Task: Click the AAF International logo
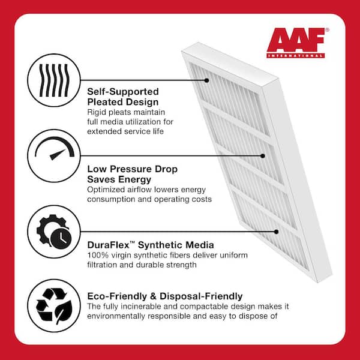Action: (x=298, y=43)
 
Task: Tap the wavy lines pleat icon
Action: (x=54, y=80)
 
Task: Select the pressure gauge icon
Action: (x=55, y=148)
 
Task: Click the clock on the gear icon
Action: (x=61, y=239)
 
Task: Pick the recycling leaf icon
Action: (x=54, y=305)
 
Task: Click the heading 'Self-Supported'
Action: (x=123, y=92)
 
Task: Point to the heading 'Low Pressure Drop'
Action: (x=132, y=169)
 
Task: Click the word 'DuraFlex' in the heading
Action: (x=109, y=245)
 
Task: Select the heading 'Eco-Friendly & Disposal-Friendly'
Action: (x=165, y=296)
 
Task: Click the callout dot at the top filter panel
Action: (x=206, y=80)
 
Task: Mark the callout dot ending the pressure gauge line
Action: (x=263, y=156)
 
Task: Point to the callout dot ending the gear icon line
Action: (x=277, y=232)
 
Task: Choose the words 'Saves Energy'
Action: (x=119, y=179)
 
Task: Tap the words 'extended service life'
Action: (x=125, y=131)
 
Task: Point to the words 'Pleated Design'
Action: (x=123, y=102)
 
